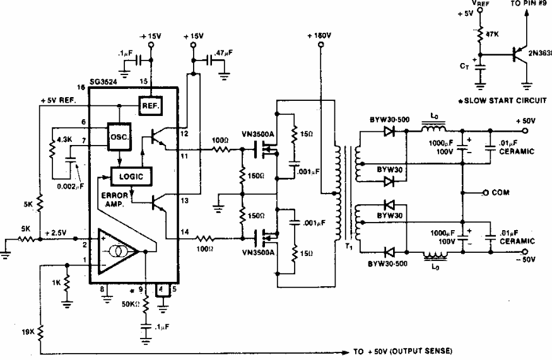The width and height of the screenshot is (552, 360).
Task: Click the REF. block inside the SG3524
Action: [150, 106]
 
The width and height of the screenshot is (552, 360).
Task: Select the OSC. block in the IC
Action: [119, 136]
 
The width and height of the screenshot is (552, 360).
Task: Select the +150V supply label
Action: [320, 36]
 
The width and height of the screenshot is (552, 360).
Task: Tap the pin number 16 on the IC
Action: [80, 86]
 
